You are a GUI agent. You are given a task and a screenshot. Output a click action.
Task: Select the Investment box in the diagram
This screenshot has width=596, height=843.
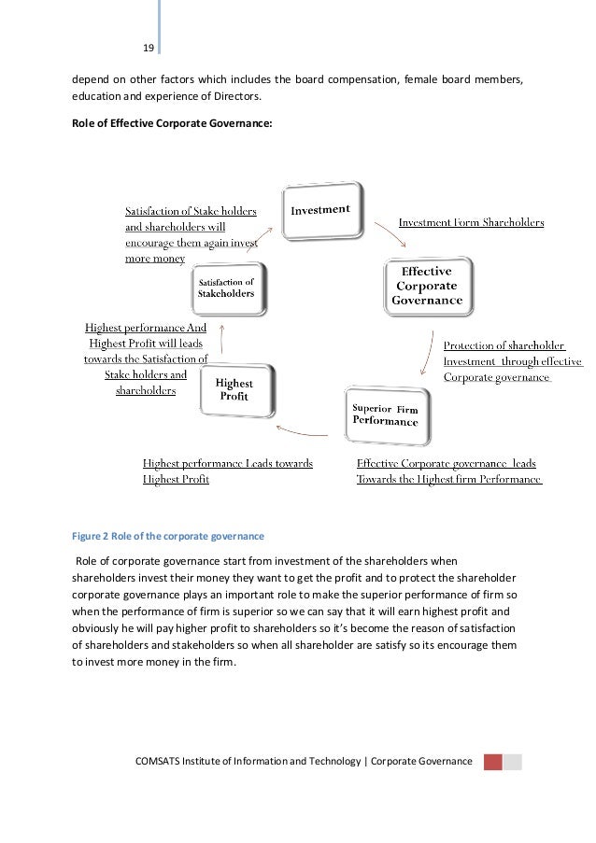click(320, 210)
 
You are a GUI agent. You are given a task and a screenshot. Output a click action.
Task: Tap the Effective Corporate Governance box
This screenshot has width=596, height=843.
click(428, 286)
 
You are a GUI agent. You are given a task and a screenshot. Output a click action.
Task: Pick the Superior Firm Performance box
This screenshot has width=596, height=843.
click(384, 415)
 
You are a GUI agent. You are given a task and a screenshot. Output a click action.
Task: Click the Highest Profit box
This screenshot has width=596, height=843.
click(234, 388)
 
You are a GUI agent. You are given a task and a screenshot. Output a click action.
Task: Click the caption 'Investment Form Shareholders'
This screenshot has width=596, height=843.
click(471, 222)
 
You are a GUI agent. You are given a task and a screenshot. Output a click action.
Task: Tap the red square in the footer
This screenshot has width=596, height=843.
click(492, 762)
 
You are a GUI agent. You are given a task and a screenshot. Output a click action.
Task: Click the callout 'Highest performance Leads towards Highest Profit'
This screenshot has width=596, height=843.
click(227, 471)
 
